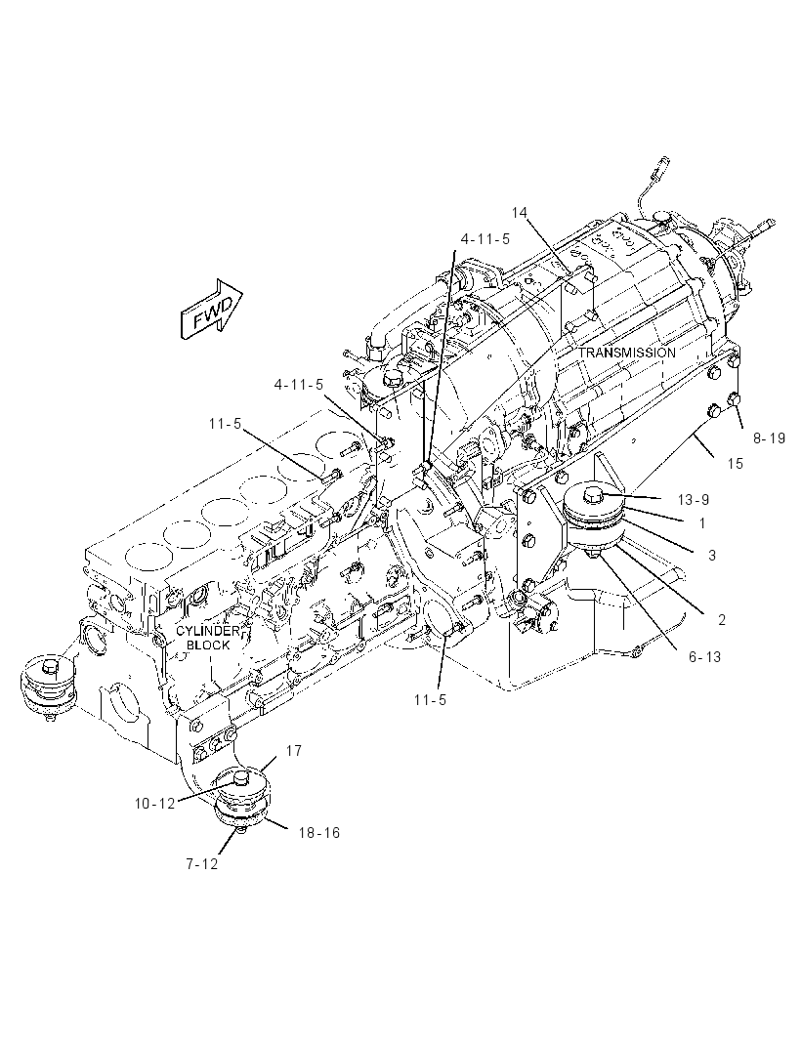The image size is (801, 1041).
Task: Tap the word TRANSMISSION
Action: tap(626, 353)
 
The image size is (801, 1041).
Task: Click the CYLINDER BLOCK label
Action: tap(207, 638)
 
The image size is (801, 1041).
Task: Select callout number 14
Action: tap(519, 212)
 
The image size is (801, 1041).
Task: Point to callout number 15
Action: tap(736, 464)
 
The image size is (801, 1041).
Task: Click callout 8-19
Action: tap(769, 438)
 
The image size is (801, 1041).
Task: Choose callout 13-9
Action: tap(692, 499)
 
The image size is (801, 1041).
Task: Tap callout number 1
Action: tap(702, 523)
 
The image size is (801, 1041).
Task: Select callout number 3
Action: tap(711, 555)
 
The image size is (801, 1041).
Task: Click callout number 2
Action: tap(721, 620)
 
